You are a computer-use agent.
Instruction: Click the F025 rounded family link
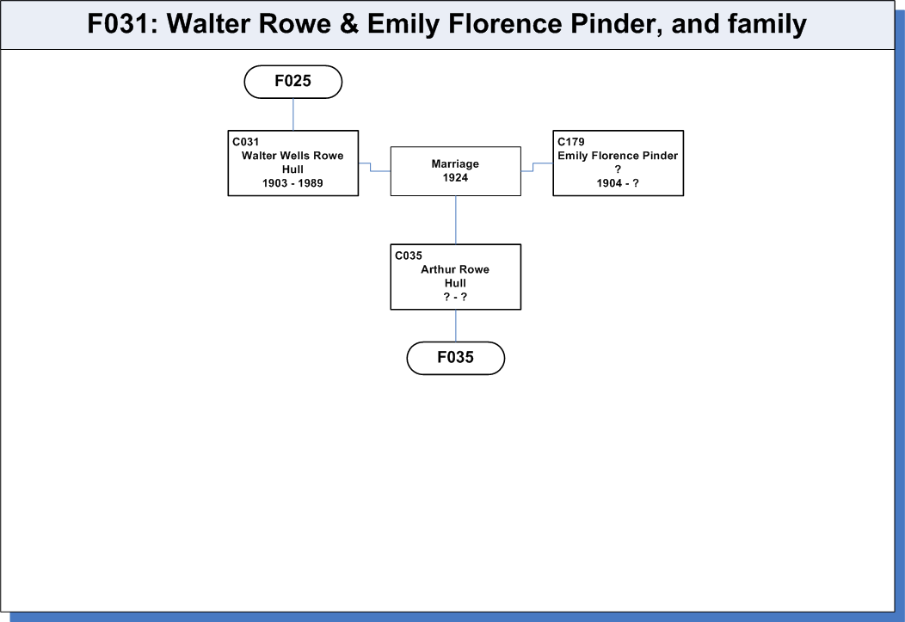tap(293, 82)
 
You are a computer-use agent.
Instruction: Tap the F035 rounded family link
tap(455, 358)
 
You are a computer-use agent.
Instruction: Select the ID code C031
tap(246, 142)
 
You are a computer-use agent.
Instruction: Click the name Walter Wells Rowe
tap(292, 155)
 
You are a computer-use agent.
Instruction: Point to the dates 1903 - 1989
tap(292, 183)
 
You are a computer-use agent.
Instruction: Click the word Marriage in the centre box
tap(455, 163)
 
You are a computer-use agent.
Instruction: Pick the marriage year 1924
tap(455, 178)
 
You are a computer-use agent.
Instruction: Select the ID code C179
tap(571, 142)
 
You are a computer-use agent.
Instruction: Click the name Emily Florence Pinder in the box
tap(618, 155)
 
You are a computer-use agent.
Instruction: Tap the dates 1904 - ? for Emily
tap(618, 183)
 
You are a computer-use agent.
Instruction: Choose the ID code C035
tap(409, 256)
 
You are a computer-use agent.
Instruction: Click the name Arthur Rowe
tap(455, 269)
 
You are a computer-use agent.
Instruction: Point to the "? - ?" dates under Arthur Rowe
tap(455, 297)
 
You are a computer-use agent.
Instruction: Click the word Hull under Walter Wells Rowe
tap(292, 169)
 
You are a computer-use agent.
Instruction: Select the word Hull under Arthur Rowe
tap(455, 283)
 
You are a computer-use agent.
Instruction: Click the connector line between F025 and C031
tap(293, 114)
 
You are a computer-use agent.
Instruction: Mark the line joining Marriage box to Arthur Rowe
tap(456, 220)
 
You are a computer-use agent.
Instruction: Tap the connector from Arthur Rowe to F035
tap(456, 325)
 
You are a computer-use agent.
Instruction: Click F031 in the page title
tap(119, 23)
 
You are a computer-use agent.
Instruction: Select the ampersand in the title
tap(349, 23)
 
